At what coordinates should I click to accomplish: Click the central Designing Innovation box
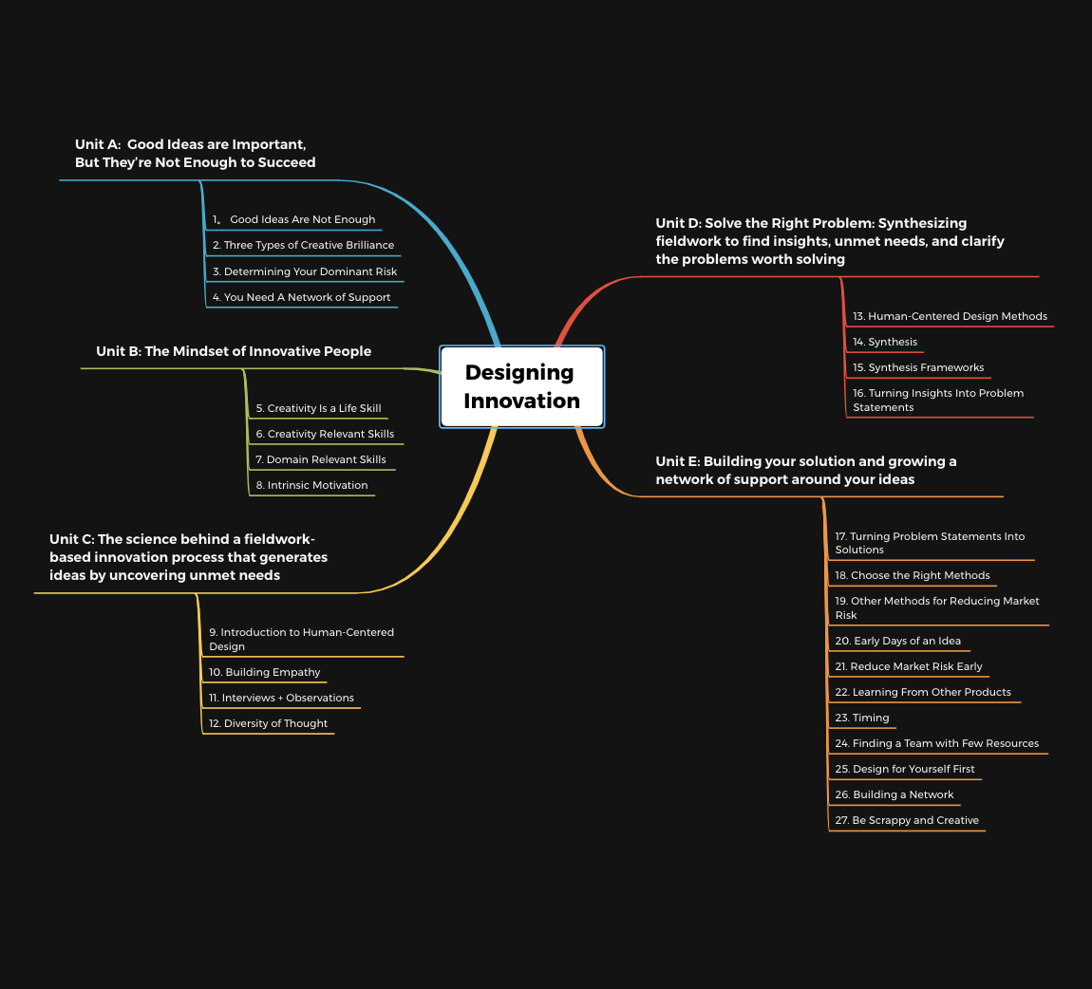[521, 387]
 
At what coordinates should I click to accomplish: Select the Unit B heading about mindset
[234, 351]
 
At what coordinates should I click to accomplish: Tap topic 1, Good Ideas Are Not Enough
[294, 219]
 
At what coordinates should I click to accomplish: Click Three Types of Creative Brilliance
[303, 245]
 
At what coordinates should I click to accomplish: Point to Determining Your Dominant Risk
[305, 271]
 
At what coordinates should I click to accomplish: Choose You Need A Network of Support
[301, 297]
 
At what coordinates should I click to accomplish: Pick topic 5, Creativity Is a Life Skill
[318, 408]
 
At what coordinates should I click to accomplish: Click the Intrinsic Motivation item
[311, 485]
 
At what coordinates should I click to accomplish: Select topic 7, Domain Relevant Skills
[320, 459]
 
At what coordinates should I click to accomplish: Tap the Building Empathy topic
[265, 672]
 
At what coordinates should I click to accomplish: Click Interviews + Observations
[281, 698]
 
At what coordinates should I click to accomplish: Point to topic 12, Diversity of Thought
[268, 724]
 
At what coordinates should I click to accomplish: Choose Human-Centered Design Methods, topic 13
[950, 317]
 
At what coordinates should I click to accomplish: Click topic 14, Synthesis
[885, 343]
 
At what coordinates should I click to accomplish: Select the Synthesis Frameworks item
[918, 367]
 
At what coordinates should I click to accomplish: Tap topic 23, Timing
[862, 718]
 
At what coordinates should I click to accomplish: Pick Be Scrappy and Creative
[907, 821]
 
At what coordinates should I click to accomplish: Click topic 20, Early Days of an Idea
[897, 641]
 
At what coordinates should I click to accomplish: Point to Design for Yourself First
[905, 769]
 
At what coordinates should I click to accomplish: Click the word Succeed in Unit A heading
[286, 162]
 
